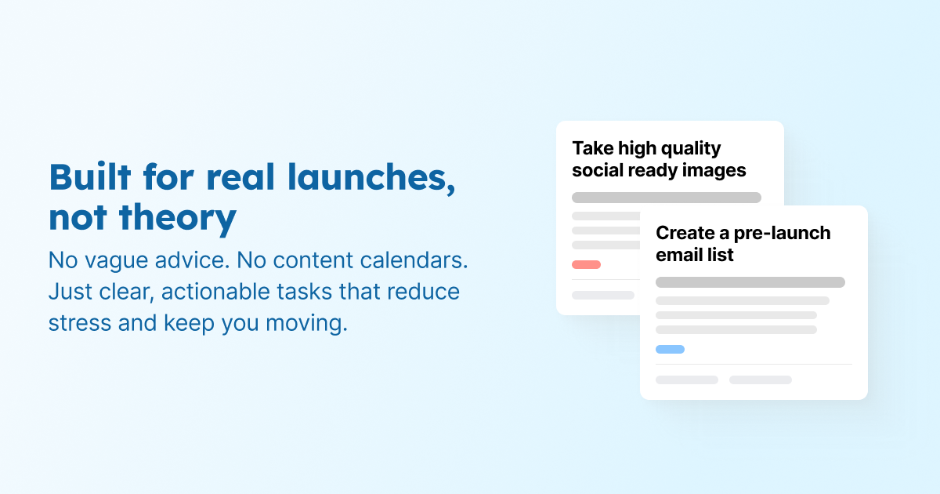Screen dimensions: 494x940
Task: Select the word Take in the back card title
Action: point(592,148)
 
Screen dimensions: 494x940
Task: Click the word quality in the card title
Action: point(667,148)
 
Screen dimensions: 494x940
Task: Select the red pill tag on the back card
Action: point(586,264)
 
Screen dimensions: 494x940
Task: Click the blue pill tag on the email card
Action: point(670,349)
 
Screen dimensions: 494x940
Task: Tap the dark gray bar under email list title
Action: point(750,282)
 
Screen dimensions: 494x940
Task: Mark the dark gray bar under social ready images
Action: point(666,198)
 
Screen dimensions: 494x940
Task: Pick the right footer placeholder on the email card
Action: point(760,380)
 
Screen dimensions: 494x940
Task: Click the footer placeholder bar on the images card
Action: point(602,295)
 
